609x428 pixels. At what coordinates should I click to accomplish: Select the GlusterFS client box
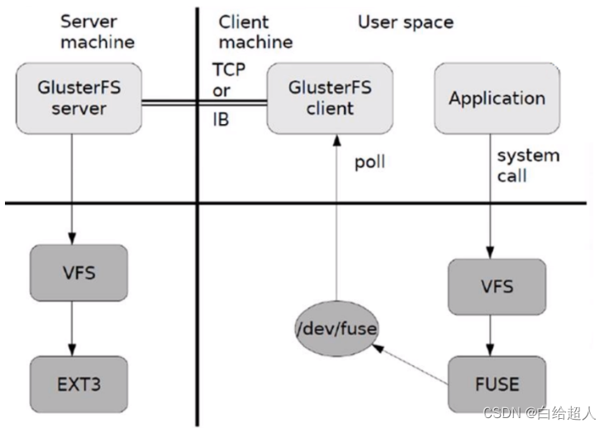click(321, 98)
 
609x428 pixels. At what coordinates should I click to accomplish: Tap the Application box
click(497, 98)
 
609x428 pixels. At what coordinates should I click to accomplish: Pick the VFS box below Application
click(497, 287)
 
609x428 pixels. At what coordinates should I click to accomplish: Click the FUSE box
click(497, 384)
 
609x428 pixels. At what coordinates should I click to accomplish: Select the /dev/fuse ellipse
click(336, 330)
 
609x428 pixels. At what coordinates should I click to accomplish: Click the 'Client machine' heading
click(255, 31)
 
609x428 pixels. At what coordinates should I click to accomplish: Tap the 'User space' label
click(405, 21)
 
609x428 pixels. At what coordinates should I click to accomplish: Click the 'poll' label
click(370, 163)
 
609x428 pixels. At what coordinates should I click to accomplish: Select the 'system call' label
click(528, 164)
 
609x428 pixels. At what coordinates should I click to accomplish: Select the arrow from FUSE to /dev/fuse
click(413, 359)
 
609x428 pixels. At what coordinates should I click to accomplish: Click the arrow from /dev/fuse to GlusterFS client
click(335, 223)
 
